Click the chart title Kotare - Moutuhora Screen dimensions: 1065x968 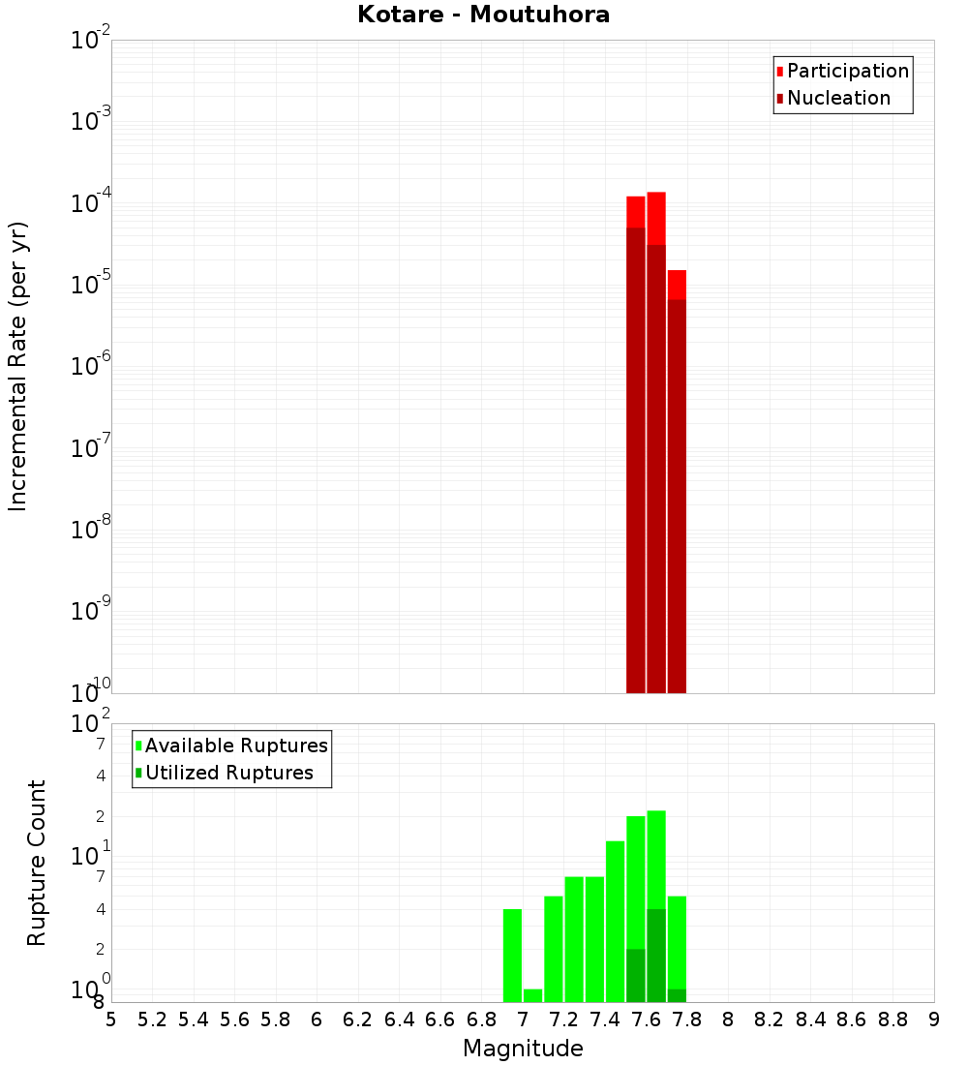point(483,15)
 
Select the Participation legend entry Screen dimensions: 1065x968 point(847,71)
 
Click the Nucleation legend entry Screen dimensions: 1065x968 point(838,98)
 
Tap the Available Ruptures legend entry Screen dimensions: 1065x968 point(235,745)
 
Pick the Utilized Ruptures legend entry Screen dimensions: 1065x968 point(228,773)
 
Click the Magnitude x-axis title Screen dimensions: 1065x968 point(523,1049)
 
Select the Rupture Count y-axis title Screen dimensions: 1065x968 point(37,863)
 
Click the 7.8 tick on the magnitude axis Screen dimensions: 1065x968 point(687,1019)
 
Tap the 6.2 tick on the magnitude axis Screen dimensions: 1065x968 point(358,1019)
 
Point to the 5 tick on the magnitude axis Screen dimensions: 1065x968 point(111,1019)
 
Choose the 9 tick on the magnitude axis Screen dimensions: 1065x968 point(934,1019)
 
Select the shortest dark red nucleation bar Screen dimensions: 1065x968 point(677,494)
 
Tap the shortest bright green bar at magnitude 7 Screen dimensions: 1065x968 point(532,995)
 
